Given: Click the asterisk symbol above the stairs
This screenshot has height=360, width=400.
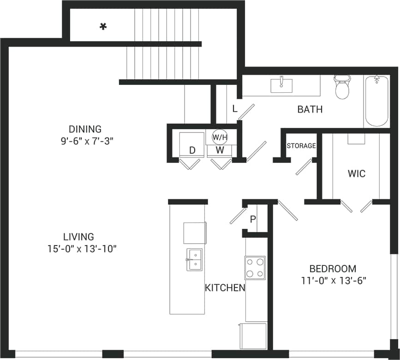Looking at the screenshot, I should [103, 27].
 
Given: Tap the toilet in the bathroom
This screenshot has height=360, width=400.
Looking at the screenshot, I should [342, 88].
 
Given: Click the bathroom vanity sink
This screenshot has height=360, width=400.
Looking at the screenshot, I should [281, 85].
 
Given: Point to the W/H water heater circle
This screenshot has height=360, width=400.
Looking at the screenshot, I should [220, 137].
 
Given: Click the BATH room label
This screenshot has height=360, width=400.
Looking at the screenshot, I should [310, 110].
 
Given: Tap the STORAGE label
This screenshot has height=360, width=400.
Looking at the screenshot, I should [301, 146].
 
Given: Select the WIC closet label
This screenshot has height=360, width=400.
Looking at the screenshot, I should [356, 174].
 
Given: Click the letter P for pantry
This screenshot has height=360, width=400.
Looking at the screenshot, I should [253, 219].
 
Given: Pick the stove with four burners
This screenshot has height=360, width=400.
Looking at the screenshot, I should [255, 268].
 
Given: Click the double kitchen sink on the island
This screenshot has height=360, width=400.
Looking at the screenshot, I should [194, 260].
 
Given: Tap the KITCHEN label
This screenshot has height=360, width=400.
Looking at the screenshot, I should [225, 288].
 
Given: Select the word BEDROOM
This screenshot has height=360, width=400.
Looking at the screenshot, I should [333, 269].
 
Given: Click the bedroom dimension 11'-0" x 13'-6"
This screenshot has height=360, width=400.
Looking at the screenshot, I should [333, 280].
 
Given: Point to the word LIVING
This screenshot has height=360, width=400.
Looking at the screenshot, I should [78, 237].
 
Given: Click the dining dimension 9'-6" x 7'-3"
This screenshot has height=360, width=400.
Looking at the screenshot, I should [84, 141].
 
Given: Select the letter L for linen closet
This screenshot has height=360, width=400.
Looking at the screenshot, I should [234, 109].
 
